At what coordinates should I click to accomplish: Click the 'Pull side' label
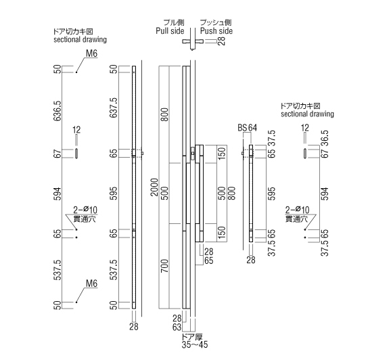pos(170,31)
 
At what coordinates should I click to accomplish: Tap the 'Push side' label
pos(216,31)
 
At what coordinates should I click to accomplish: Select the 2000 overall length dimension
pos(155,187)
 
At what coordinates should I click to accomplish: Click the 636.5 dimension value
pos(57,111)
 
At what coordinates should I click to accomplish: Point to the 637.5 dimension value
pos(114,108)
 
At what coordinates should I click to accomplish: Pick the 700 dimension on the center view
pos(165,266)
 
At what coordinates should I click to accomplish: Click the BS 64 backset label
pos(248,128)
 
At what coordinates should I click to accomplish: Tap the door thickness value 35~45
pos(195,344)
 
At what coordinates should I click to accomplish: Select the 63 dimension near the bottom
pos(177,327)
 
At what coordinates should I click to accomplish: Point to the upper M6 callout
pos(91,53)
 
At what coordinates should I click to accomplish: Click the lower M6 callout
pos(91,284)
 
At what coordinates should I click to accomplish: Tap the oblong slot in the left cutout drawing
pos(76,154)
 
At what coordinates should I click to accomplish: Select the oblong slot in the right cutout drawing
pos(304,154)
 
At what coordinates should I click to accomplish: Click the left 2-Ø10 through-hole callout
pos(85,214)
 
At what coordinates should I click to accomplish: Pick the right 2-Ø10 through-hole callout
pos(297,214)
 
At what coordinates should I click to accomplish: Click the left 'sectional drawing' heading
pos(80,39)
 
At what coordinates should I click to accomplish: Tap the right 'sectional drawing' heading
pos(307,114)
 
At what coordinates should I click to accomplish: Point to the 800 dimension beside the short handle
pos(231,194)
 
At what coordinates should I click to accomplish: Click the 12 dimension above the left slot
pos(76,130)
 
